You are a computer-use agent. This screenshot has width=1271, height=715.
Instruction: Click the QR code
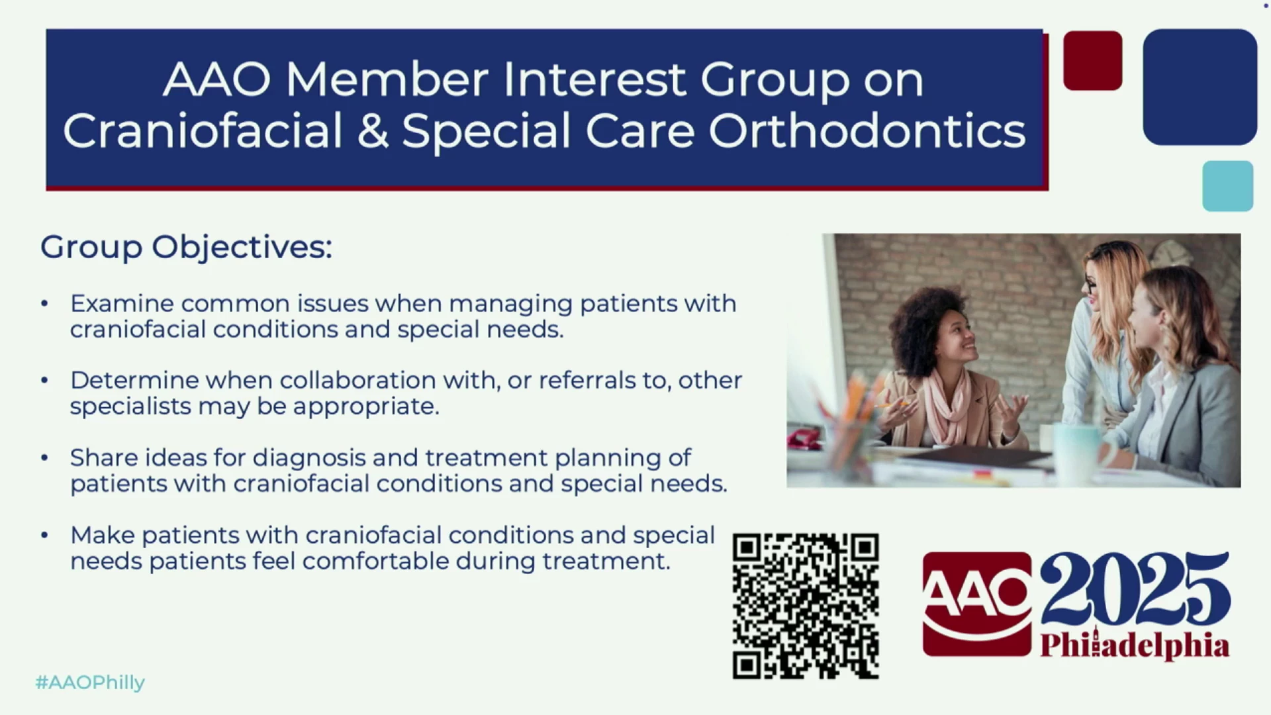806,606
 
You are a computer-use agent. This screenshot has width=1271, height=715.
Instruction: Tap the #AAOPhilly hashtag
90,683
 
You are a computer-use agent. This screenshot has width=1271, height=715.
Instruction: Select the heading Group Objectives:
186,248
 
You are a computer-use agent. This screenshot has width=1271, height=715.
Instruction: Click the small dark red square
1093,60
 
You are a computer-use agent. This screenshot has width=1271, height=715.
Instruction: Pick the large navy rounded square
1200,87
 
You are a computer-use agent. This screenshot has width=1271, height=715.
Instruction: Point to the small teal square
1228,186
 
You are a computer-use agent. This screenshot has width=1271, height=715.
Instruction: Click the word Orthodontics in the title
867,130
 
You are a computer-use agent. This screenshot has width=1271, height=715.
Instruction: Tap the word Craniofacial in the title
203,130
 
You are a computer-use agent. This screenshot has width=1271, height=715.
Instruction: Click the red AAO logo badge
977,604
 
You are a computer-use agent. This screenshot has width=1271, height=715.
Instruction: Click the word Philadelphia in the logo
1135,645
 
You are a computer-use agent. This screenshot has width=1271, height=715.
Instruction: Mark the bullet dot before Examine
44,304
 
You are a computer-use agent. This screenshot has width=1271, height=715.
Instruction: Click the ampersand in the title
373,130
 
